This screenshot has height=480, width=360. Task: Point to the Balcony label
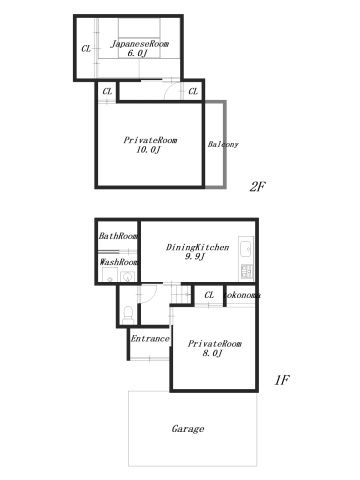(223, 144)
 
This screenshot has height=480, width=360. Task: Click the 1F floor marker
(282, 380)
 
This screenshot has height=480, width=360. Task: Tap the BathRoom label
(118, 236)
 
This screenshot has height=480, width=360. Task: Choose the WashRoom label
(118, 262)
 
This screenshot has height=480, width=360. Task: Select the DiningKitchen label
(198, 246)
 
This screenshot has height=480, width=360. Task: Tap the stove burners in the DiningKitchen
(247, 272)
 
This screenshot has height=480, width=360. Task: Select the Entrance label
(150, 339)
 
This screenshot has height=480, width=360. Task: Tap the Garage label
(187, 429)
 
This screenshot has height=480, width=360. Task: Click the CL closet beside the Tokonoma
(209, 295)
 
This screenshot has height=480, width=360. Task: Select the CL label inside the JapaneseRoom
(86, 48)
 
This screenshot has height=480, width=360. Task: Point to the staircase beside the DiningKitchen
(181, 295)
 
